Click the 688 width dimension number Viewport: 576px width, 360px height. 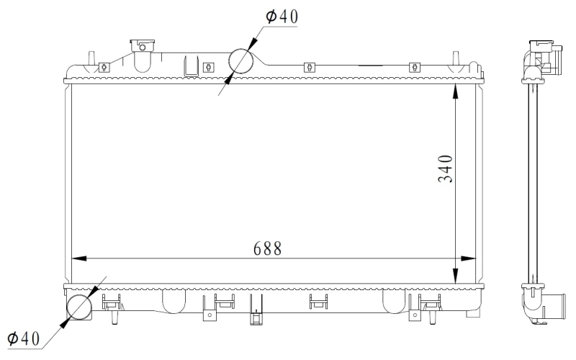coord(267,247)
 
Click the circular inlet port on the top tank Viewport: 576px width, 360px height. coord(243,63)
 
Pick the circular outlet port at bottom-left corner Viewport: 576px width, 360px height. coord(80,309)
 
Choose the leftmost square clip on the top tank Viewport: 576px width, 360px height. coord(104,67)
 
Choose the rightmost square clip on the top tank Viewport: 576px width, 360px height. coord(414,67)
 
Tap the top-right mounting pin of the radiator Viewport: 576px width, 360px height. coord(456,58)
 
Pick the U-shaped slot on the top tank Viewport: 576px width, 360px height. coord(192,66)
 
